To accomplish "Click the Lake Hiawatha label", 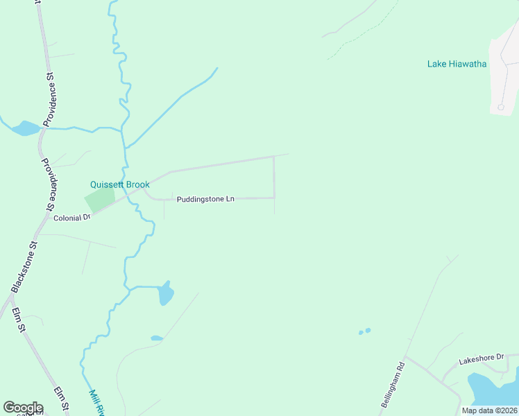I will pyautogui.click(x=457, y=64).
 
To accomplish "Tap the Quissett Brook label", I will pyautogui.click(x=119, y=184).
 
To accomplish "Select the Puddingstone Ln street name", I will pyautogui.click(x=205, y=199).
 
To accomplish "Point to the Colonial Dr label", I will pyautogui.click(x=72, y=217).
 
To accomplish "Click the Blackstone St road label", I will pyautogui.click(x=23, y=268).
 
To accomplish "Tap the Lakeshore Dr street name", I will pyautogui.click(x=482, y=358).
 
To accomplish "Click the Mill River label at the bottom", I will pyautogui.click(x=96, y=403).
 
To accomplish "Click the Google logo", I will pyautogui.click(x=23, y=408).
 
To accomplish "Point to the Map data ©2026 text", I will pyautogui.click(x=489, y=410).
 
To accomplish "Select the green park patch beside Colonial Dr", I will pyautogui.click(x=99, y=201).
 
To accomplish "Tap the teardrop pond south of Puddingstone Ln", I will pyautogui.click(x=165, y=294).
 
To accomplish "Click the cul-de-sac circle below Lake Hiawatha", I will pyautogui.click(x=500, y=107).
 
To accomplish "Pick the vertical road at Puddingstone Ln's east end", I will pyautogui.click(x=274, y=177).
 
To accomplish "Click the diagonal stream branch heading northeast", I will pyautogui.click(x=173, y=104).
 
